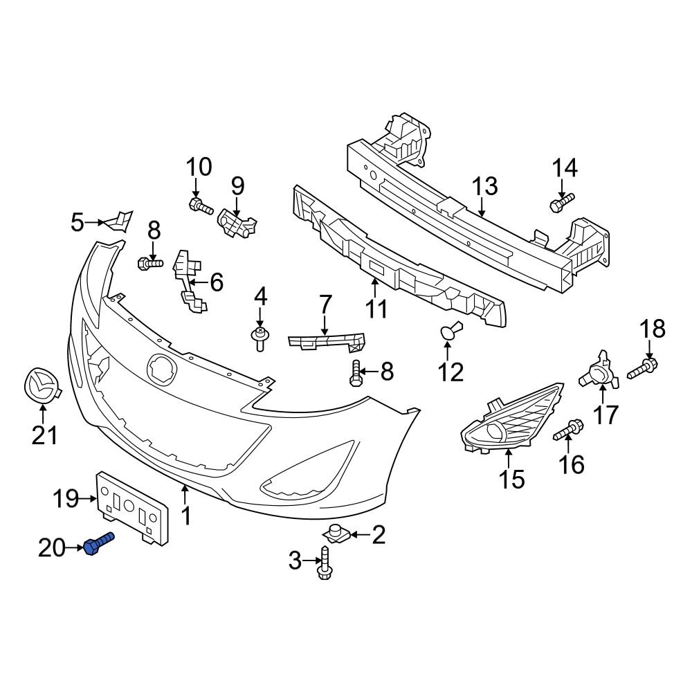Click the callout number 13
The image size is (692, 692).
coord(484,186)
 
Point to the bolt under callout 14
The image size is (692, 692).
coord(561,203)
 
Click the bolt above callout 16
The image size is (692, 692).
coord(567,431)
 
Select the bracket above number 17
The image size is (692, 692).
coord(596,371)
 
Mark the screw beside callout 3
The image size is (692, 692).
coord(324,561)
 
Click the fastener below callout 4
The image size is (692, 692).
coord(259,339)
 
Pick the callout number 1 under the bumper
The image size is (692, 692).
coord(185,516)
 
